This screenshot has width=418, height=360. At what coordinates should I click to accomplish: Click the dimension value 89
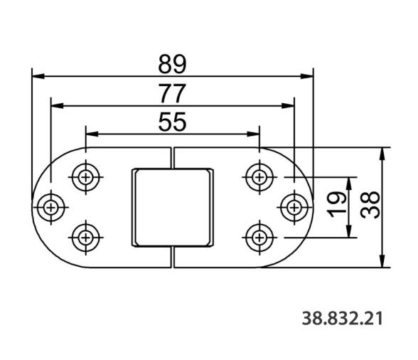[172, 64]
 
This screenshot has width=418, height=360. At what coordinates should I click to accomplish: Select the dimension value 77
[172, 93]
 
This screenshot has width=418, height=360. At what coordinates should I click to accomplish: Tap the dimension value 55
[172, 122]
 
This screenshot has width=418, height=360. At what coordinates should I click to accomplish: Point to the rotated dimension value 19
[337, 205]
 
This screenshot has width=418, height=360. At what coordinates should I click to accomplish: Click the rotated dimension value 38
[370, 205]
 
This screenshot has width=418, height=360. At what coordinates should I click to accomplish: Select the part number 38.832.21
[343, 318]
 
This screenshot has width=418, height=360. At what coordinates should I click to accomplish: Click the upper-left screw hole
[85, 177]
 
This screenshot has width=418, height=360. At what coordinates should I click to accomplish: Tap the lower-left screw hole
[85, 238]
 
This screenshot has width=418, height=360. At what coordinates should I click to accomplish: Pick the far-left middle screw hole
[50, 207]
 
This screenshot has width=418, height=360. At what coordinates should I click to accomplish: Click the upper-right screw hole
[259, 177]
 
